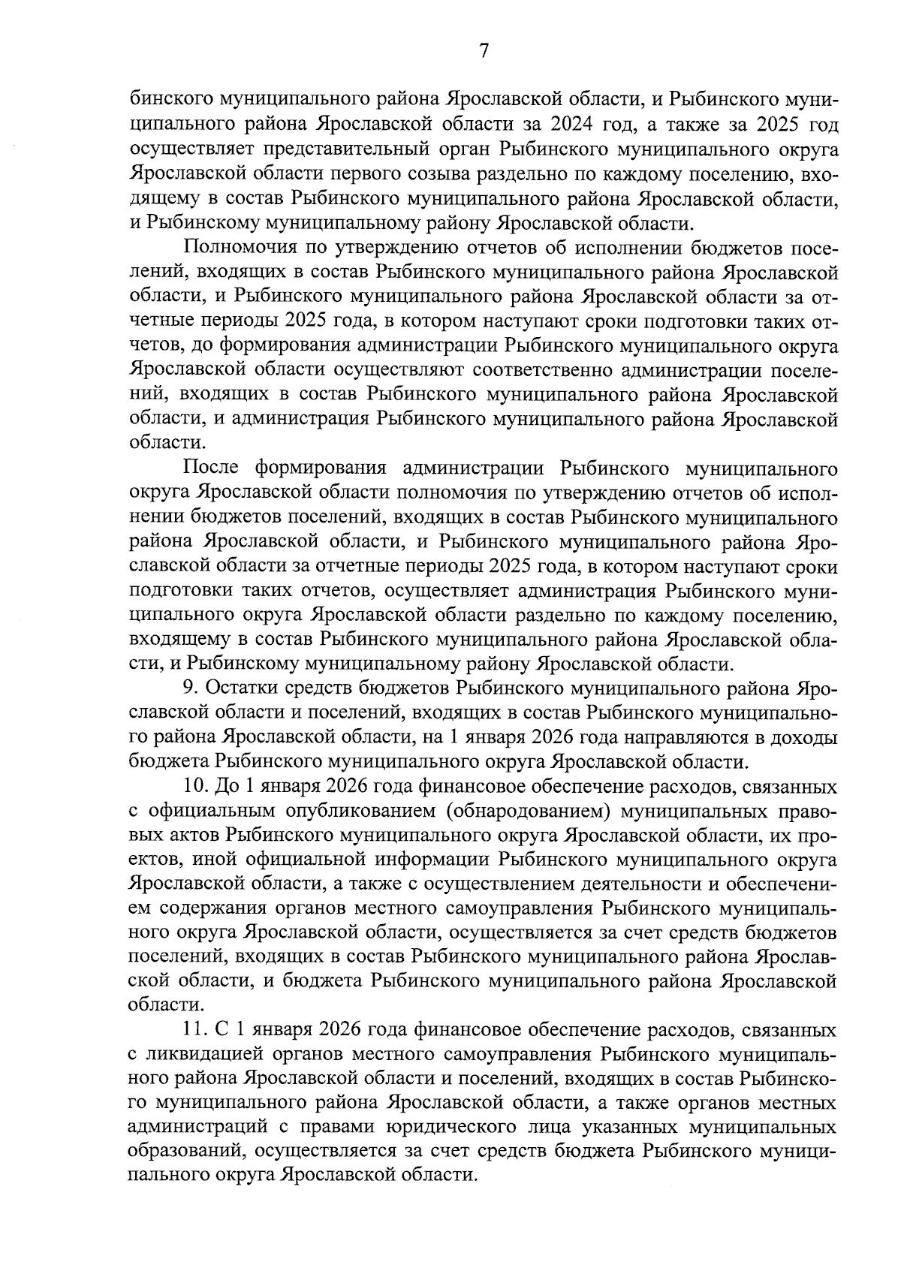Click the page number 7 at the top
pyautogui.click(x=484, y=50)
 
